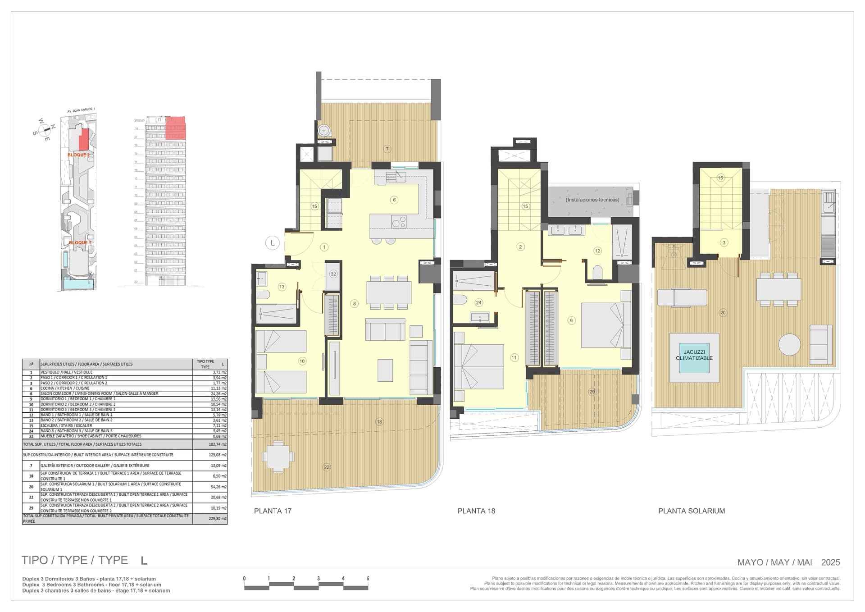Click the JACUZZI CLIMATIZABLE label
[x=694, y=355]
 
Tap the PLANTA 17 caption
[x=273, y=511]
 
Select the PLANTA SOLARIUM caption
[x=691, y=511]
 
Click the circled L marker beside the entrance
[x=272, y=243]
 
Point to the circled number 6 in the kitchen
[x=394, y=200]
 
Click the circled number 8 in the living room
[x=355, y=304]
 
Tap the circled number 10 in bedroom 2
[x=302, y=361]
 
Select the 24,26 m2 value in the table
[x=219, y=393]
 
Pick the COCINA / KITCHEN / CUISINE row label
[x=65, y=388]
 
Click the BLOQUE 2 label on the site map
[x=78, y=155]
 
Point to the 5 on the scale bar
[x=368, y=578]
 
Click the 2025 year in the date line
[x=830, y=562]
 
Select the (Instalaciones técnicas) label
[x=592, y=200]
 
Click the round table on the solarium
[x=789, y=345]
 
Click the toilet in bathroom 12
[x=598, y=272]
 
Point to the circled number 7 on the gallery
[x=386, y=149]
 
